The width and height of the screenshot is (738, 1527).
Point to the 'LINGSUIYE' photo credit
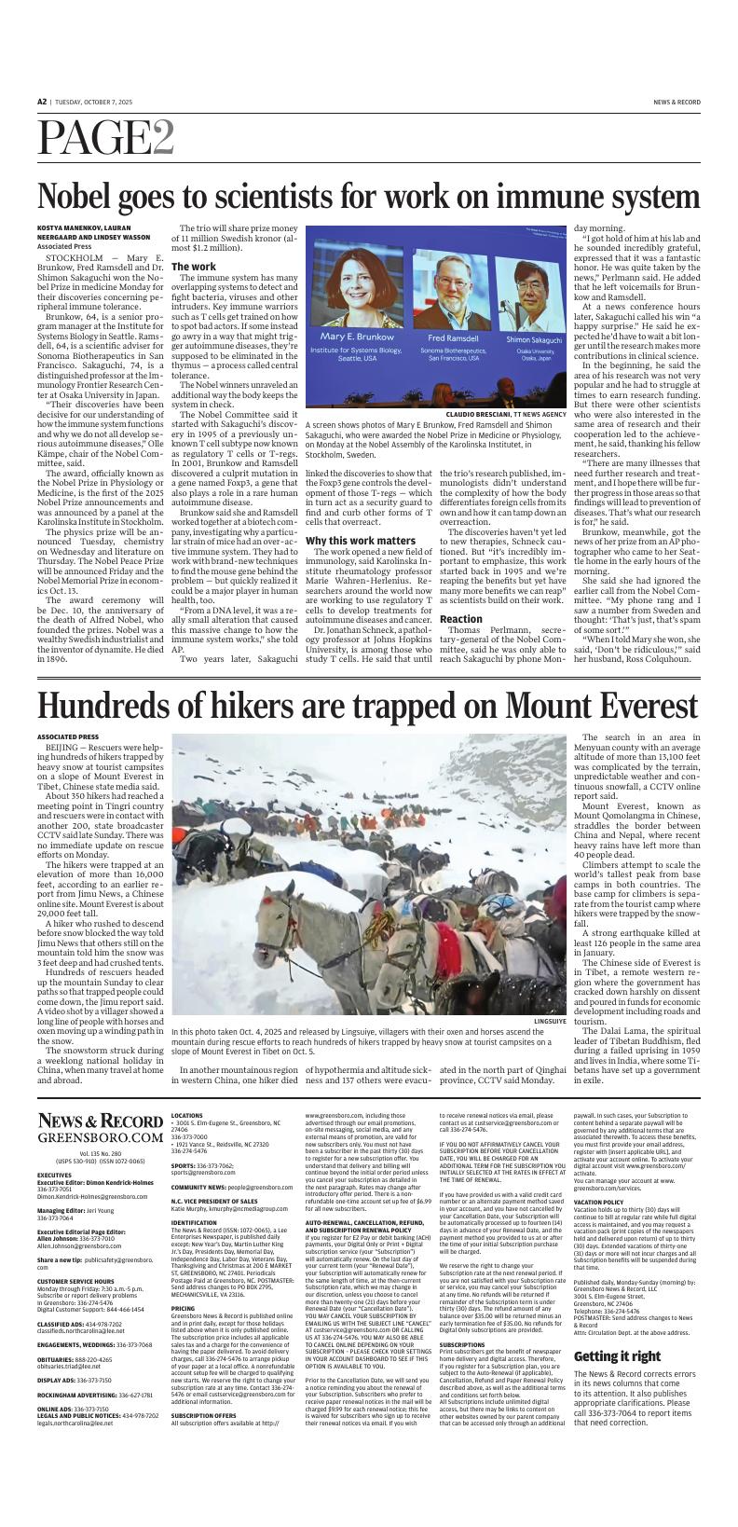[550, 1022]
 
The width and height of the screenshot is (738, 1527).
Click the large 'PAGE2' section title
[105, 139]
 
